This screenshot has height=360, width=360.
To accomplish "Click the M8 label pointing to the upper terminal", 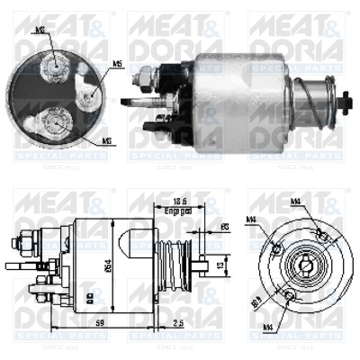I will pyautogui.click(x=40, y=29).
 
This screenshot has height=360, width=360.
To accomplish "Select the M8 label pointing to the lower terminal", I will pyautogui.click(x=106, y=140).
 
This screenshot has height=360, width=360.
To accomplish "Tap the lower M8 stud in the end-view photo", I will pyautogui.click(x=57, y=120).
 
